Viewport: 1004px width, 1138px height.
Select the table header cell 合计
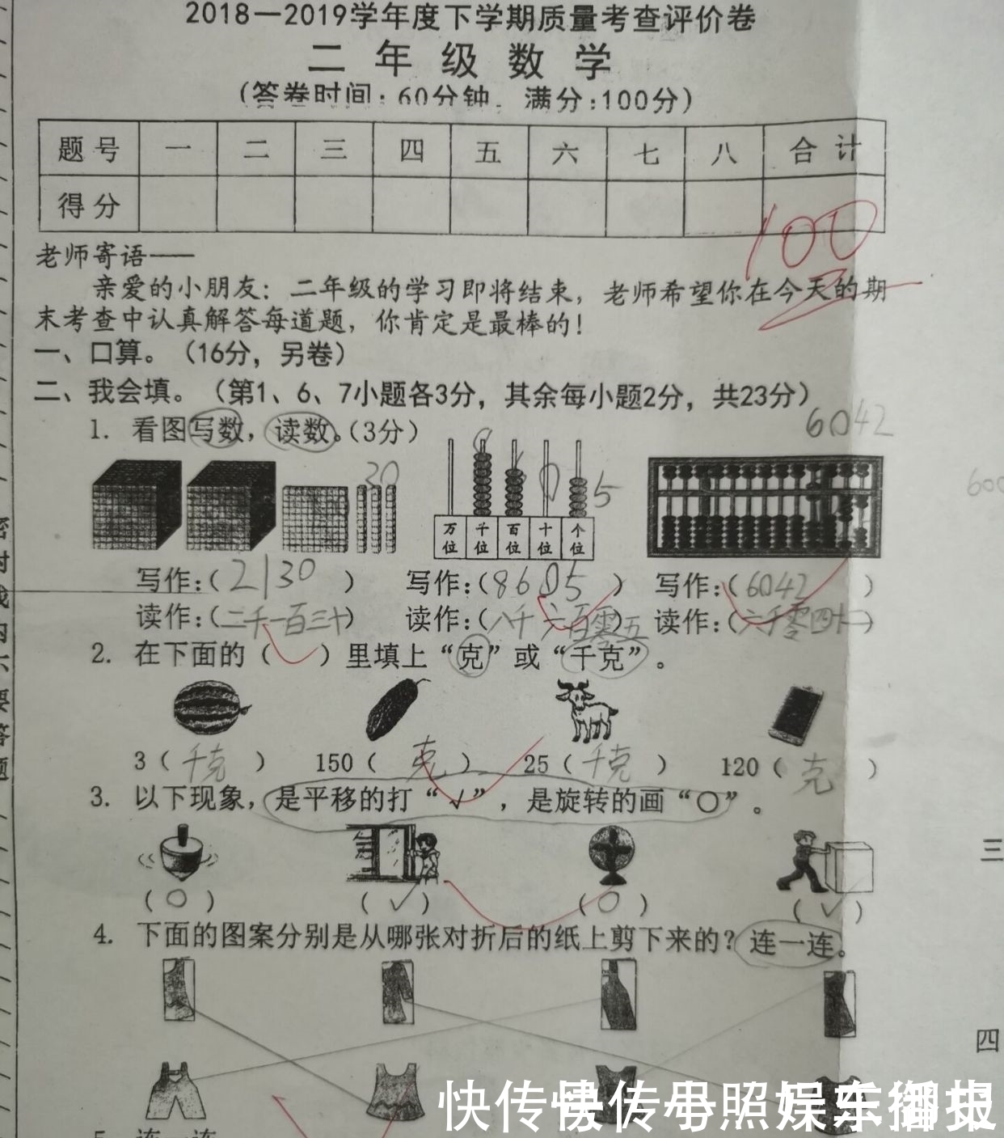tap(824, 150)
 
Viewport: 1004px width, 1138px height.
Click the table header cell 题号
tap(89, 150)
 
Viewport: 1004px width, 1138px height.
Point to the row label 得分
tap(89, 205)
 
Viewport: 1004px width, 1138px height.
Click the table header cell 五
tap(488, 150)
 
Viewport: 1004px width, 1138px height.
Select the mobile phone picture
tap(797, 713)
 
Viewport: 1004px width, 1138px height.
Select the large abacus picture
tap(764, 507)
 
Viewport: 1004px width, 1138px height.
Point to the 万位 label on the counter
tap(449, 537)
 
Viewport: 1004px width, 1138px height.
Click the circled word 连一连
tap(790, 942)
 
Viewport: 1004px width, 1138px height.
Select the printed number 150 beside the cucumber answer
tap(334, 762)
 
